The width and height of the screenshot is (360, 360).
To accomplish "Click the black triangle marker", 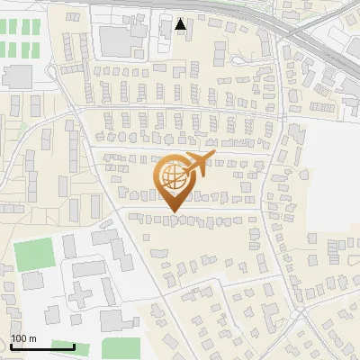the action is pyautogui.click(x=181, y=24).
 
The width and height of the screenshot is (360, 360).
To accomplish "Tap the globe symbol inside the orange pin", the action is pyautogui.click(x=174, y=176).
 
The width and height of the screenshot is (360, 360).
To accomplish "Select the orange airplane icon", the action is pyautogui.click(x=197, y=163).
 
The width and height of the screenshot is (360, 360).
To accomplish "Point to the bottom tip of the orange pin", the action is pyautogui.click(x=174, y=212).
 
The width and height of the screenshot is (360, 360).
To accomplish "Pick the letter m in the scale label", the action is pyautogui.click(x=32, y=338).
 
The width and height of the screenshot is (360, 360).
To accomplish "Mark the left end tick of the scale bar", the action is pyautogui.click(x=11, y=346).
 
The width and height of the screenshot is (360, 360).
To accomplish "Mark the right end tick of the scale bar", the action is pyautogui.click(x=75, y=346).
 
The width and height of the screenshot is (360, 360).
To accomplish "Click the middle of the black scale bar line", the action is pyautogui.click(x=42, y=347).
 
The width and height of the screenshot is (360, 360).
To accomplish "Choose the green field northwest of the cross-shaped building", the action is pyautogui.click(x=33, y=255).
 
